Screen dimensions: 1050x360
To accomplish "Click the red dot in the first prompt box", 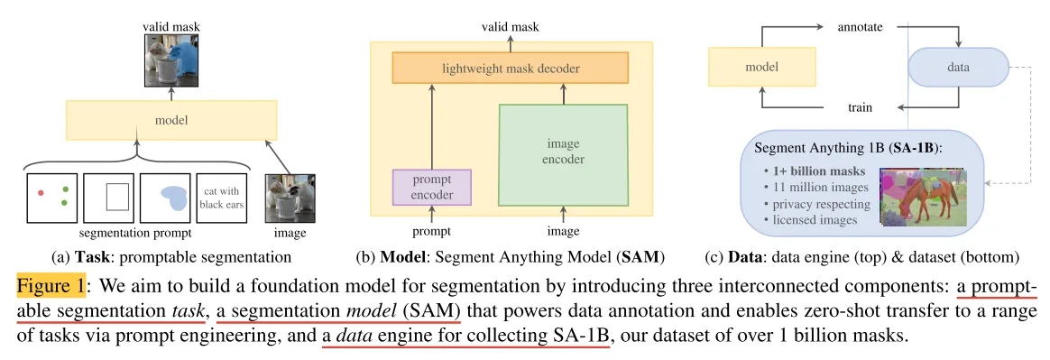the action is click(41, 193).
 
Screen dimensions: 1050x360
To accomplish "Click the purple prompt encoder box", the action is click(432, 187).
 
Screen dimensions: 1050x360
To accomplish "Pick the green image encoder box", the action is click(563, 154).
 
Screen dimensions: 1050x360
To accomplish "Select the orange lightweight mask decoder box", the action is click(511, 69).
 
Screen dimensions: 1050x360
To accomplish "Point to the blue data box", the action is click(958, 68).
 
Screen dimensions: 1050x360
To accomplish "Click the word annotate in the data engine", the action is click(860, 27).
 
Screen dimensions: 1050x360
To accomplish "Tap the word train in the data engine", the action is click(859, 107).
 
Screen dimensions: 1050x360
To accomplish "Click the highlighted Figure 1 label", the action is click(51, 286).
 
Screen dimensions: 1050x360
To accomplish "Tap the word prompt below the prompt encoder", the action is click(432, 232).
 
